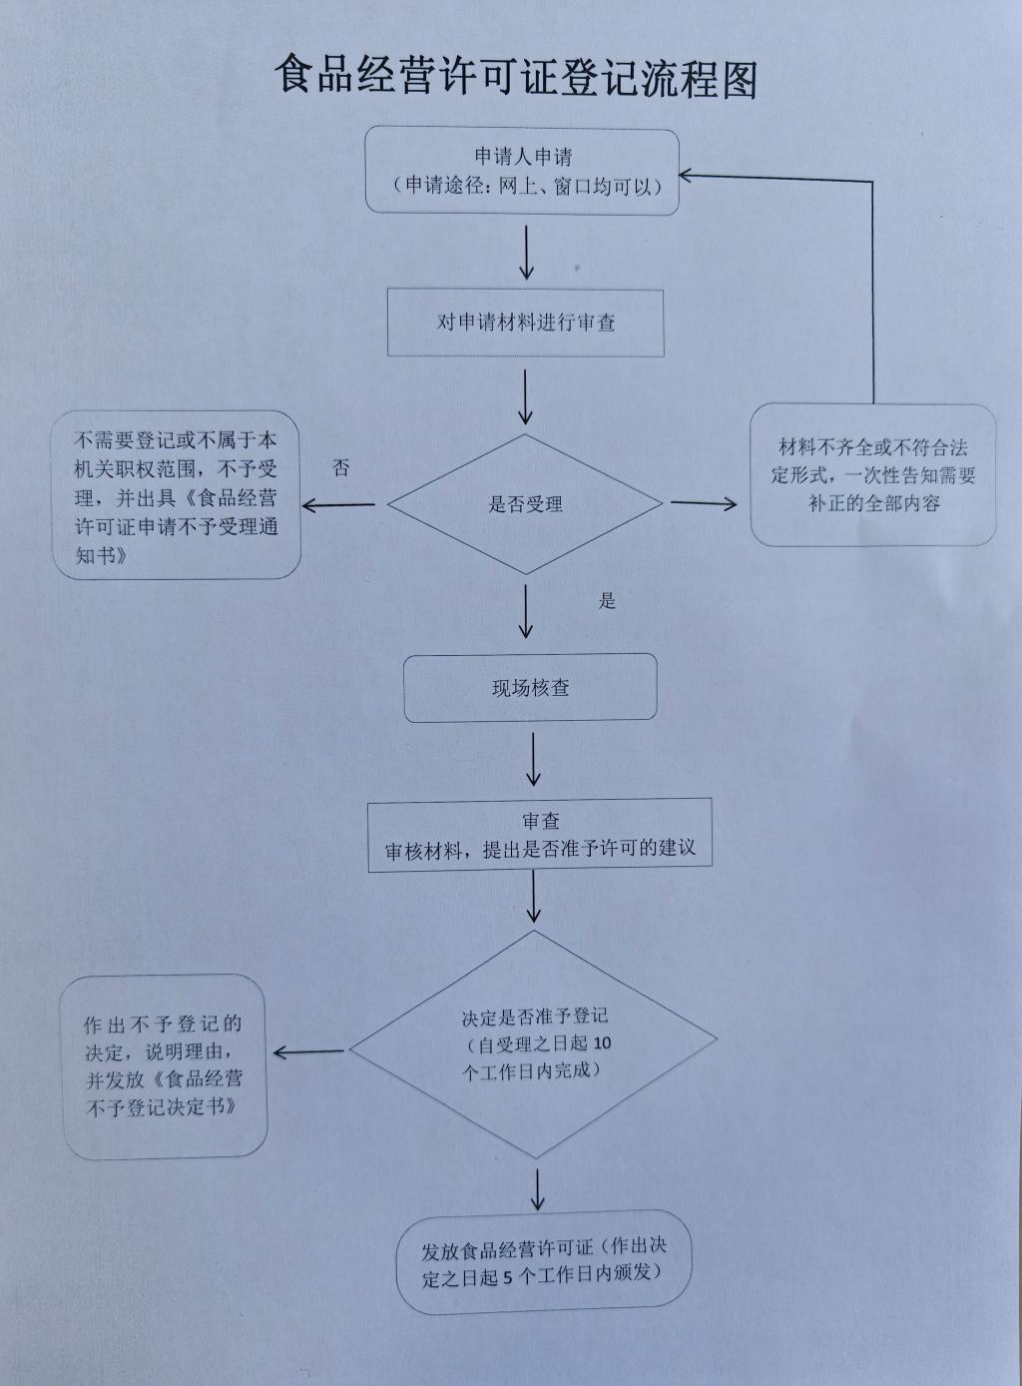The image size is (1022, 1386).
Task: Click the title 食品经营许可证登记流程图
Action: [516, 77]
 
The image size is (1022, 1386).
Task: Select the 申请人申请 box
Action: [522, 171]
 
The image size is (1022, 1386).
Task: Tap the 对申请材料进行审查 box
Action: [525, 323]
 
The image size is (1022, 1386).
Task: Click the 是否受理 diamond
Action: [525, 504]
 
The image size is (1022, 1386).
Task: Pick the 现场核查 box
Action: [530, 687]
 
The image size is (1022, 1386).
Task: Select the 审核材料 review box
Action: [540, 836]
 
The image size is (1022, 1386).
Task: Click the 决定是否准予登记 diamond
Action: [534, 1043]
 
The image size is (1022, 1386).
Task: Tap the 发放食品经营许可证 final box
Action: [543, 1261]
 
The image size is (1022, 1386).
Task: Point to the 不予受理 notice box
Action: [177, 496]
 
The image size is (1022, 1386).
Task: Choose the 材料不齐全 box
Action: [872, 475]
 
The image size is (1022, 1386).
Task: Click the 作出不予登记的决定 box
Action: [165, 1065]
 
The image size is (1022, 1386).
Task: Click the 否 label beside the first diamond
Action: [341, 468]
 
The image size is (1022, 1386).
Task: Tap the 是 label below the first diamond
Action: [607, 600]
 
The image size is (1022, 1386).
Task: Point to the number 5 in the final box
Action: [509, 1276]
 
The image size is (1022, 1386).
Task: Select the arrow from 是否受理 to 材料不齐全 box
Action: [703, 502]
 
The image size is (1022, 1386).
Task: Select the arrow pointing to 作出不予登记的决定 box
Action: [308, 1051]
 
